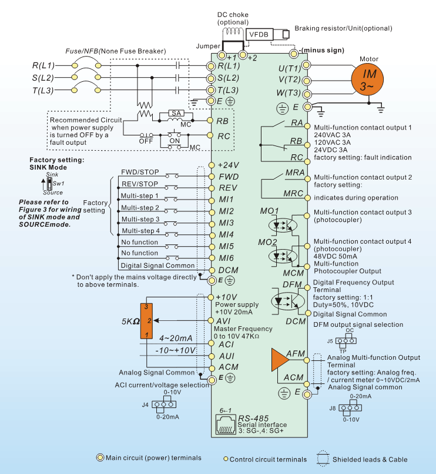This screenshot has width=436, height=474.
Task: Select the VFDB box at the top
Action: (x=259, y=35)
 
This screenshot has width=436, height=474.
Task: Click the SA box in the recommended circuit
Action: (x=176, y=112)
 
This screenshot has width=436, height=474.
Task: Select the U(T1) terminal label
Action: (x=289, y=67)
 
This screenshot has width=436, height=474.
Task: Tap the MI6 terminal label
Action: (x=226, y=257)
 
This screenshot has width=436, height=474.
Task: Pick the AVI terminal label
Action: (x=227, y=320)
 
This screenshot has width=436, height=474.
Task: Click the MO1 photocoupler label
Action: (x=269, y=211)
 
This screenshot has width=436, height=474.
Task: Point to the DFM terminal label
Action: (x=292, y=284)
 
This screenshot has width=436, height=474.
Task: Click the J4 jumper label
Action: (x=145, y=405)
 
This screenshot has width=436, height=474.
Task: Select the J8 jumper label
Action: (x=333, y=407)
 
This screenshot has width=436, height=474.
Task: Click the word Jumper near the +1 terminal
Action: (x=207, y=45)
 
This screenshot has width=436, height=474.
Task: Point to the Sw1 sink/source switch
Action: (x=51, y=183)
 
